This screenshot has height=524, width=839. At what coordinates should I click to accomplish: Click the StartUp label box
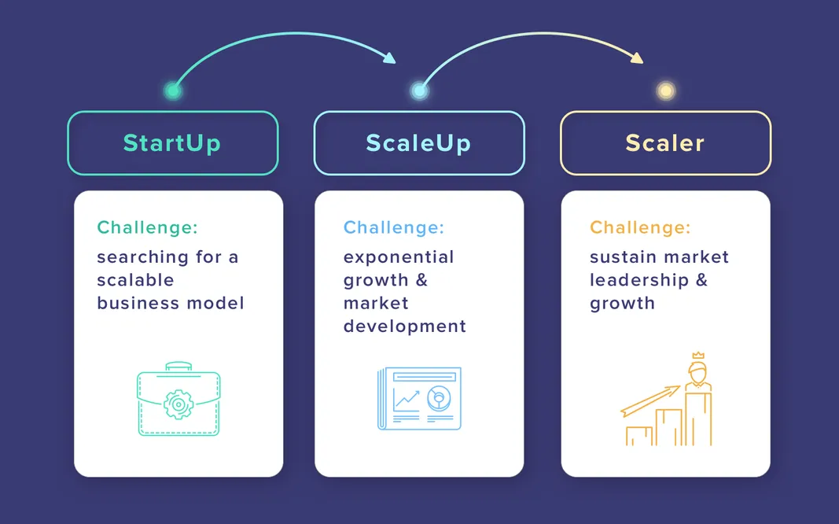point(172,143)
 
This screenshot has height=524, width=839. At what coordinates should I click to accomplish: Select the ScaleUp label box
point(418,143)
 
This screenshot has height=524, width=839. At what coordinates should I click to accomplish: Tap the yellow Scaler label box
point(665,143)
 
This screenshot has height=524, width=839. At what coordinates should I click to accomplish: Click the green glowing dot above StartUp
point(173,90)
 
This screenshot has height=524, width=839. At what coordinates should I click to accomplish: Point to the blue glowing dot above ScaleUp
point(420,90)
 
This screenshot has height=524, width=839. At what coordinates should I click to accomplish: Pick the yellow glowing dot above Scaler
point(666,90)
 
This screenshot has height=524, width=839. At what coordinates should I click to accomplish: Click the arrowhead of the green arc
point(390,57)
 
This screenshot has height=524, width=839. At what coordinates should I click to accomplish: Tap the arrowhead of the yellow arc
point(637,58)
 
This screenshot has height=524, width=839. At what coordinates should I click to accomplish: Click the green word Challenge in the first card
point(147,228)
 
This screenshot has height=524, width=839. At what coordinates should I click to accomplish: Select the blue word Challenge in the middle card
point(393,228)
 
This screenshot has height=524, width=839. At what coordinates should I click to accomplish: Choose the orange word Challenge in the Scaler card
point(640,228)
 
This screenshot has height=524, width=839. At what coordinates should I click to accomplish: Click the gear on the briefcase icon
point(178,405)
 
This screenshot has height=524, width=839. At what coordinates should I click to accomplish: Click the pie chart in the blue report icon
point(438,399)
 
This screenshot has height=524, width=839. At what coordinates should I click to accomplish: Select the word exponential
point(399,257)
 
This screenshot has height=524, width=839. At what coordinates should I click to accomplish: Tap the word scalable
point(135,280)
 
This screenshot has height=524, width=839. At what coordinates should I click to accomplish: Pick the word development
point(404,326)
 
